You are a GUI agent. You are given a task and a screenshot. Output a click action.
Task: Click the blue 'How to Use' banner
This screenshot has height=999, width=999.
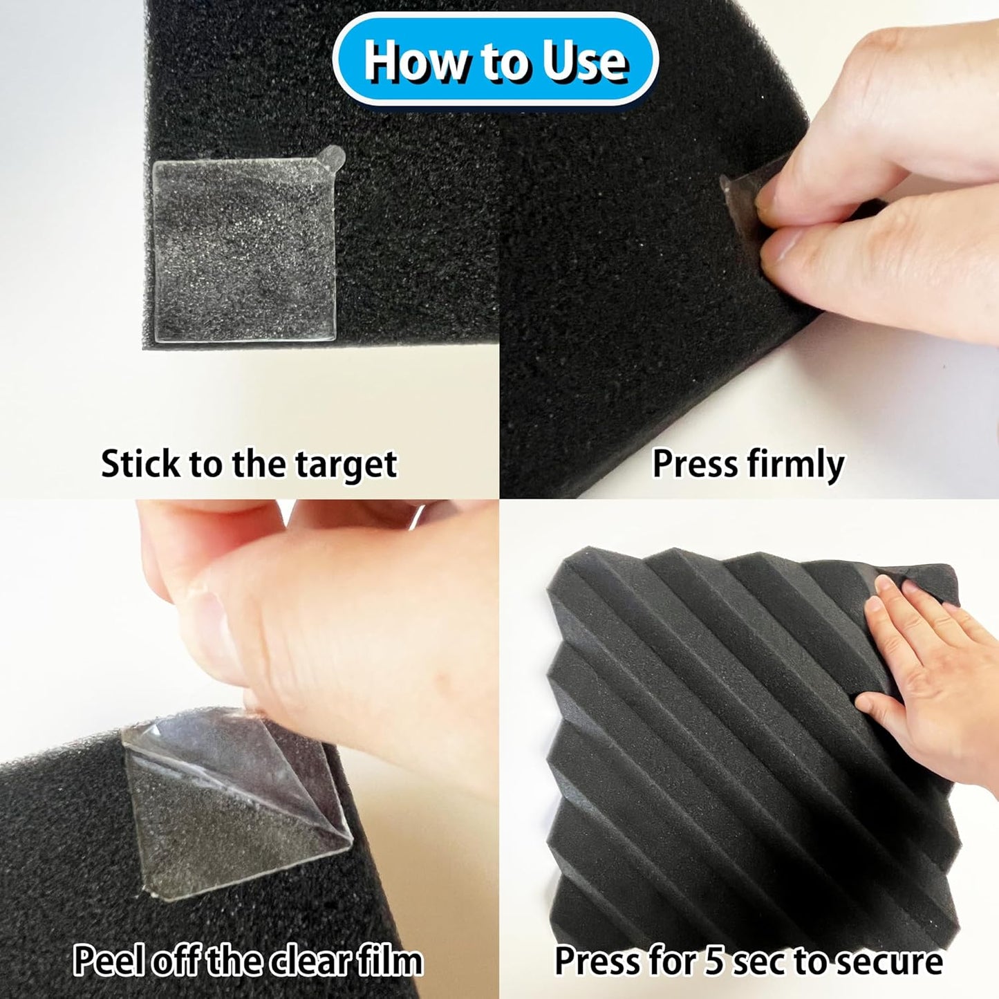tap(495, 61)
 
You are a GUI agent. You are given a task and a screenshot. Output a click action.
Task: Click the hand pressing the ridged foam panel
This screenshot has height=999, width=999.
tap(926, 664)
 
